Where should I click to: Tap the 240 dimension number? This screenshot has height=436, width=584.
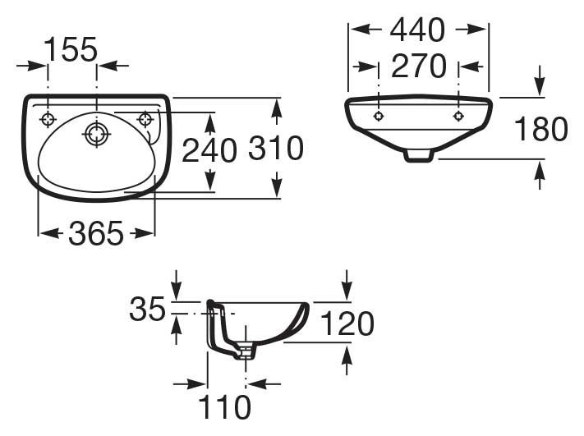click(209, 150)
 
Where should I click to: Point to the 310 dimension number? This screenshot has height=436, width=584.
click(276, 149)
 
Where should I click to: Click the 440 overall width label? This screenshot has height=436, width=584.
click(417, 30)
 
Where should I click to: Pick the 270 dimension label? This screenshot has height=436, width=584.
click(418, 67)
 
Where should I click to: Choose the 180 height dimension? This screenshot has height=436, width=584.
click(540, 129)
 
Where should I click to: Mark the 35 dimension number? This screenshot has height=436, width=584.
click(148, 310)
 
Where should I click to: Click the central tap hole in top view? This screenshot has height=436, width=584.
click(96, 133)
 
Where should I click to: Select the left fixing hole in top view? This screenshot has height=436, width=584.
click(48, 119)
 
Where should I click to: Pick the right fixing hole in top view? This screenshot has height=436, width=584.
click(147, 119)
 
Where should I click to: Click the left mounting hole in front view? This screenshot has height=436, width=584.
click(378, 116)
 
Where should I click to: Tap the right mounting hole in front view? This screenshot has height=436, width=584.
click(458, 116)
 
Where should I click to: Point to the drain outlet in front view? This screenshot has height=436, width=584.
click(418, 154)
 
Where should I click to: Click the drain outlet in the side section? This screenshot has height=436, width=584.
click(246, 352)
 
